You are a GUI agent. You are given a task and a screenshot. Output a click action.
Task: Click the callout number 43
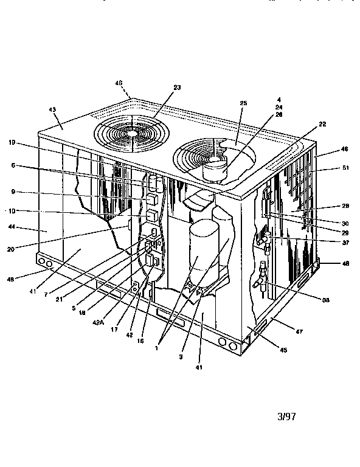[52, 109]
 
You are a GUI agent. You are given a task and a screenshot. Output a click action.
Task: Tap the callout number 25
[243, 103]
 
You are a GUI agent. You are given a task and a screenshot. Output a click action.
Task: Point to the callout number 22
[322, 125]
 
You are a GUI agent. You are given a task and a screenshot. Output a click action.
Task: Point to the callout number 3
[181, 358]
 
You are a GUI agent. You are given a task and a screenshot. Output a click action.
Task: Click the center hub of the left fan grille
[130, 131]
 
